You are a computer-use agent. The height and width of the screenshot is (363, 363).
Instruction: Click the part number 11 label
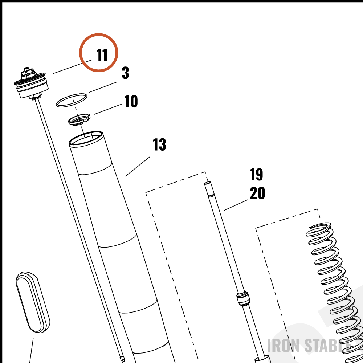(102, 55)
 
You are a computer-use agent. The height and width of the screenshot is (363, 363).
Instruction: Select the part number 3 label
(125, 73)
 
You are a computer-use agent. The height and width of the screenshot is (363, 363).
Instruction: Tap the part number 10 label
(131, 101)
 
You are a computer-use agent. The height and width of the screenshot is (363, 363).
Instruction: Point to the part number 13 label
(159, 144)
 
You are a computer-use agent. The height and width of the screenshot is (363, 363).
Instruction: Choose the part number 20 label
(257, 193)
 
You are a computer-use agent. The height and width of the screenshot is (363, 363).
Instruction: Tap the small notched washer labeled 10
(79, 119)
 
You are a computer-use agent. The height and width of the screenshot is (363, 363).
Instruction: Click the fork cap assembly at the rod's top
(31, 84)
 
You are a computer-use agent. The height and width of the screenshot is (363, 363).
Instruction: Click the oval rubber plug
(33, 302)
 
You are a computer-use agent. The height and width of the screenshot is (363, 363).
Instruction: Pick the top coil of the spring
(319, 229)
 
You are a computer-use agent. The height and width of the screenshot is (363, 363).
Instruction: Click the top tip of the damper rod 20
(207, 183)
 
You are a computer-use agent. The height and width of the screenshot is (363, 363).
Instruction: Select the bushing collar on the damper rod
(243, 299)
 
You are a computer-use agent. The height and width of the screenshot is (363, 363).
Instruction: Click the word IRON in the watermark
(283, 346)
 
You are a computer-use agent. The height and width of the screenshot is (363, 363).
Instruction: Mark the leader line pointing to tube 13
(138, 167)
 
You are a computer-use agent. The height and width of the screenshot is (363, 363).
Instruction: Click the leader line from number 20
(236, 205)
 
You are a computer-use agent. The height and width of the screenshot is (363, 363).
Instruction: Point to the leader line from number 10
(108, 109)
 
